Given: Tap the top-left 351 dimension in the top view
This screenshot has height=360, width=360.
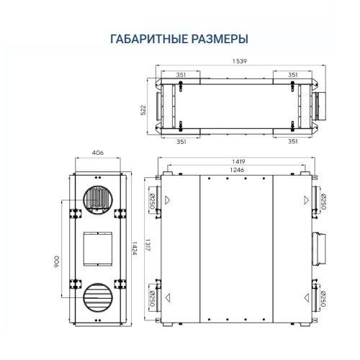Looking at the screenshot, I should (x=182, y=75).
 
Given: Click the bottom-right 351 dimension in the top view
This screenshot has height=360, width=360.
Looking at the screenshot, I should (x=293, y=141).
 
